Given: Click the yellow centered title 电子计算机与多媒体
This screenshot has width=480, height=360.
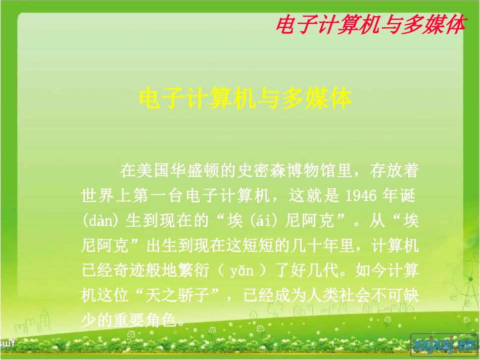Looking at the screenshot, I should [245, 99].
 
